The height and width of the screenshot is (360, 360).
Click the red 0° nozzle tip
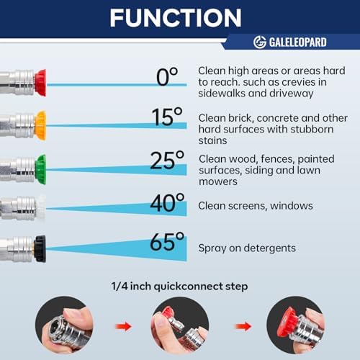click(x=40, y=83)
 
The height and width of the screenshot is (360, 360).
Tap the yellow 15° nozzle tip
click(x=40, y=125)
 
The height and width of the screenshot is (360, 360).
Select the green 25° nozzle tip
click(x=40, y=169)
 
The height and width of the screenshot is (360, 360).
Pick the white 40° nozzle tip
click(x=41, y=208)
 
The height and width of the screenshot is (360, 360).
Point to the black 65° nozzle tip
click(x=40, y=249)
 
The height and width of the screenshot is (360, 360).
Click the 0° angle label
click(x=167, y=76)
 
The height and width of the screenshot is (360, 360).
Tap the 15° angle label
click(x=167, y=117)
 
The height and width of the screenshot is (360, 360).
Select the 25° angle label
click(x=167, y=160)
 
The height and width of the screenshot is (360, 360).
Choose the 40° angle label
click(x=167, y=202)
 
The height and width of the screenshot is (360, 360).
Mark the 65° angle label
click(x=167, y=241)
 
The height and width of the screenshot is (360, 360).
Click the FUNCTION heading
click(x=176, y=18)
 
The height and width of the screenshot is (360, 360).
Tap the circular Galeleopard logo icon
click(x=260, y=42)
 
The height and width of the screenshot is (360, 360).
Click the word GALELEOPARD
click(x=297, y=42)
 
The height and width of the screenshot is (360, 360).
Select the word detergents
click(x=270, y=248)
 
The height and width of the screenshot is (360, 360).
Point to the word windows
click(x=292, y=206)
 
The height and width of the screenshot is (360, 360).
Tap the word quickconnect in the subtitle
click(x=189, y=287)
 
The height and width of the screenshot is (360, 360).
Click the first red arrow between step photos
click(x=123, y=326)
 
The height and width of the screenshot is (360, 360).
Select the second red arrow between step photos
click(x=243, y=326)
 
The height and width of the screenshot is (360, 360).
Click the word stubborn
click(x=312, y=129)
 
